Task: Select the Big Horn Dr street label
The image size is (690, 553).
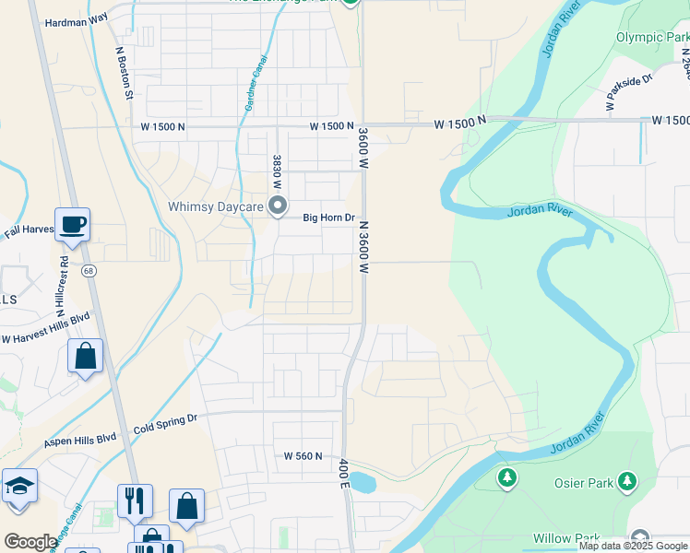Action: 329,218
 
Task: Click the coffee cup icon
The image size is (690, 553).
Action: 72,223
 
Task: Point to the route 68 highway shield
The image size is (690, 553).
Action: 89,271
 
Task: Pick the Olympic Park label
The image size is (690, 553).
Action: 652,38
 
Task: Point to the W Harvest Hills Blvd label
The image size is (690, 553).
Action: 45,328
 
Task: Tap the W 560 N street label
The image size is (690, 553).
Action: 303,455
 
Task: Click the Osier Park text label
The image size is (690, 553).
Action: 579,481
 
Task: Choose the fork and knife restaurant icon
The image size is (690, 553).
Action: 135,500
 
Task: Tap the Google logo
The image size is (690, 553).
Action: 30,542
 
